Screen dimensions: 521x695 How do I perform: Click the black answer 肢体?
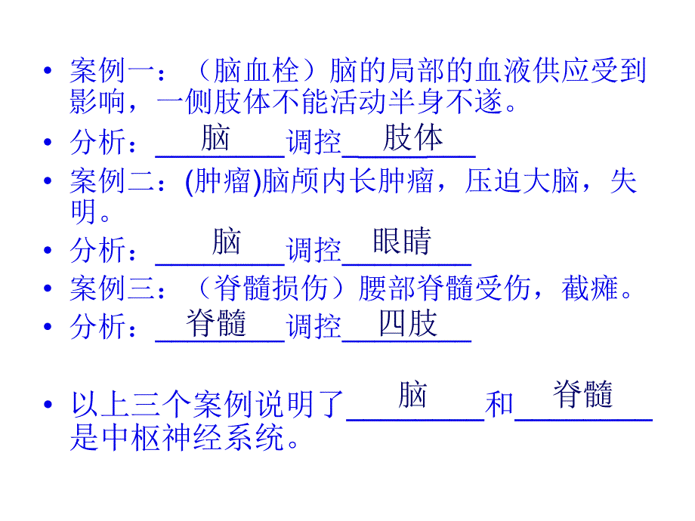tap(412, 138)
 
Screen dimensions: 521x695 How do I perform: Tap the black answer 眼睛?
tap(402, 242)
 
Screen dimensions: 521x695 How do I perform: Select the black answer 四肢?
tap(408, 324)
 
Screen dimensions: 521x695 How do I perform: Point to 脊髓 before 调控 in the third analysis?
tap(217, 324)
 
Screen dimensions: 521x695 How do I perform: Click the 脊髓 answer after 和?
tap(582, 393)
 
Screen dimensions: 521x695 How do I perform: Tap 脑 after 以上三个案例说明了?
tap(413, 394)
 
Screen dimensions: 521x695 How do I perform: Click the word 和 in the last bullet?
tap(499, 405)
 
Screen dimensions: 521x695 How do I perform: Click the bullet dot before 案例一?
tap(49, 72)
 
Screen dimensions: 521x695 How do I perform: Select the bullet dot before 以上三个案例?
tap(49, 405)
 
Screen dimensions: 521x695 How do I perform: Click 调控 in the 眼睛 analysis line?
tap(314, 250)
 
